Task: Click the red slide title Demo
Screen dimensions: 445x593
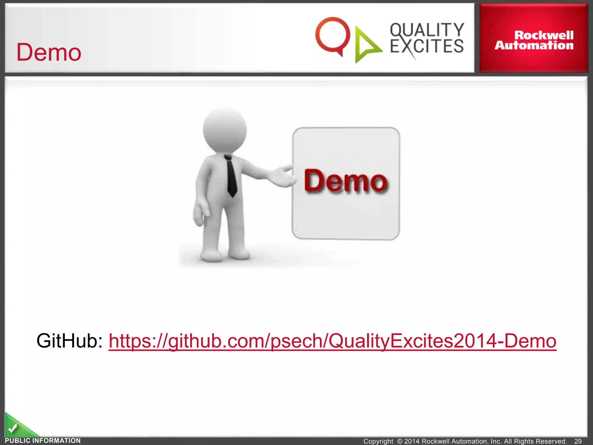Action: tap(49, 52)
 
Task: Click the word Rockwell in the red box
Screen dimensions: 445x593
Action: tap(544, 35)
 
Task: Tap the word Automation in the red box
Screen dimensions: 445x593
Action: tap(534, 45)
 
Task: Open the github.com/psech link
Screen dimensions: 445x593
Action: tap(332, 341)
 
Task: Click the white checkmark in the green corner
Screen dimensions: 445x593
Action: tap(12, 428)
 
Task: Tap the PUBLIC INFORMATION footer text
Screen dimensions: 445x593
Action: tap(43, 441)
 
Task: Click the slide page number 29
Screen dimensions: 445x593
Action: tap(578, 441)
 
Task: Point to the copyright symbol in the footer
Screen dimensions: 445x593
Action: tap(400, 441)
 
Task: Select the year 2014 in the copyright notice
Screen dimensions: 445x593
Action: tap(412, 441)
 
